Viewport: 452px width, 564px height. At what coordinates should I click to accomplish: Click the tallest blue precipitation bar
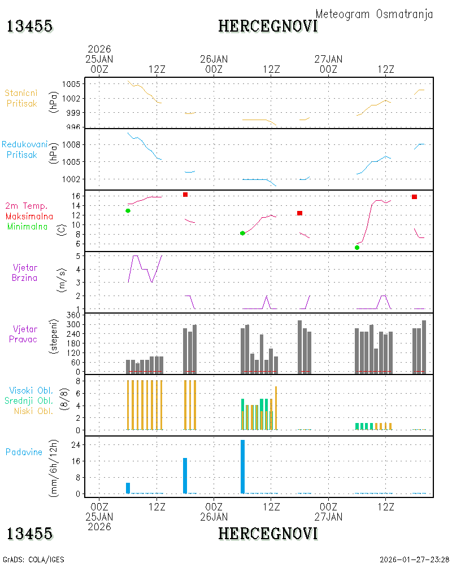(242, 466)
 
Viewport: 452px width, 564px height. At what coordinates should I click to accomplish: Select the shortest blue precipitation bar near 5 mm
(128, 488)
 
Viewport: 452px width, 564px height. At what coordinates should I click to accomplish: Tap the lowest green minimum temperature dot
(357, 248)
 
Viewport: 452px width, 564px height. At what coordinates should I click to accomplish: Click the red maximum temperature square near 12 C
(299, 213)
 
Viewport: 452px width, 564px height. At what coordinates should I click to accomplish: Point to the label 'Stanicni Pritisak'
(21, 98)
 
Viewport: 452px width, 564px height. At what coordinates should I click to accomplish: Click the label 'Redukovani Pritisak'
(24, 149)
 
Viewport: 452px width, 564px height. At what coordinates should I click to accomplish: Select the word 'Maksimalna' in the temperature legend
(29, 216)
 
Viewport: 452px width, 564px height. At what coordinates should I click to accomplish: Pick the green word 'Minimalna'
(27, 227)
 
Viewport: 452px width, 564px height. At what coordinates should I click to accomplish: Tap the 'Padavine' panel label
(24, 452)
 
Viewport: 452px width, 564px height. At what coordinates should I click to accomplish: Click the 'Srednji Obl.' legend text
(29, 400)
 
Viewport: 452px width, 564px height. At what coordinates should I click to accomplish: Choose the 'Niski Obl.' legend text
(33, 411)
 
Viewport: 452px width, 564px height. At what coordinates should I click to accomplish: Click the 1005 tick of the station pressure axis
(71, 84)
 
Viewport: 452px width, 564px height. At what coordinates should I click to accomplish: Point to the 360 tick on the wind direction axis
(73, 315)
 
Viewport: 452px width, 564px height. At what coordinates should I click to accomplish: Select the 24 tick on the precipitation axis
(76, 445)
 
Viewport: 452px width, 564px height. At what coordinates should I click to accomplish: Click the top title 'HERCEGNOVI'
(268, 27)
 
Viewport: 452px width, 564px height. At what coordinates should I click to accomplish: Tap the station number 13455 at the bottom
(29, 534)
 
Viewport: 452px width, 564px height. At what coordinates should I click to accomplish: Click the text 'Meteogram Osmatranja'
(374, 15)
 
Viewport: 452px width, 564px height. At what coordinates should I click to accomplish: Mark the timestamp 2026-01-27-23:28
(414, 559)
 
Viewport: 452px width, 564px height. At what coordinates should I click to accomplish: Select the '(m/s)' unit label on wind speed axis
(62, 280)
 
